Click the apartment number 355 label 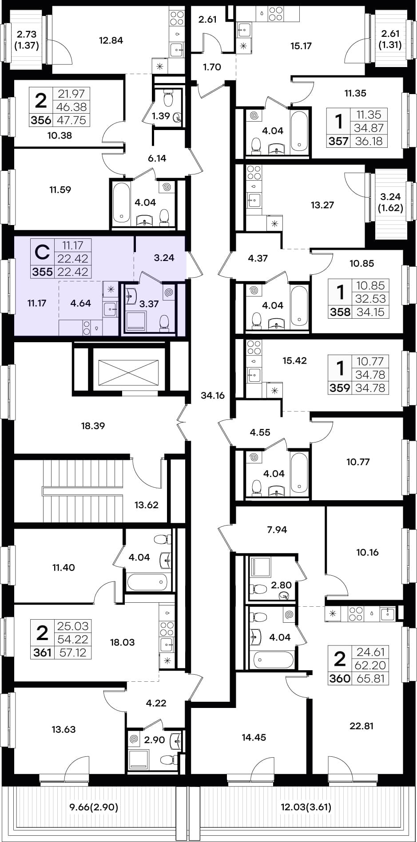pyautogui.click(x=43, y=272)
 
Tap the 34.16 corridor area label pyautogui.click(x=213, y=395)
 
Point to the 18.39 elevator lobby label pyautogui.click(x=93, y=426)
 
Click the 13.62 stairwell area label pyautogui.click(x=146, y=505)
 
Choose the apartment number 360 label pyautogui.click(x=340, y=679)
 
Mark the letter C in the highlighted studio pyautogui.click(x=42, y=253)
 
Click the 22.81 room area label pyautogui.click(x=361, y=726)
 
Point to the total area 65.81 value pyautogui.click(x=370, y=679)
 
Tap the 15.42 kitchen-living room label pyautogui.click(x=294, y=360)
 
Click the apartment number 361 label pyautogui.click(x=42, y=653)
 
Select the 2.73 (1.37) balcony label pyautogui.click(x=27, y=40)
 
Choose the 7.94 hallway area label pyautogui.click(x=277, y=530)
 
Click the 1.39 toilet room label pyautogui.click(x=161, y=116)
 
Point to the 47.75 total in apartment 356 pyautogui.click(x=72, y=121)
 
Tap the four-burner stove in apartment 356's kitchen pyautogui.click(x=177, y=18)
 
